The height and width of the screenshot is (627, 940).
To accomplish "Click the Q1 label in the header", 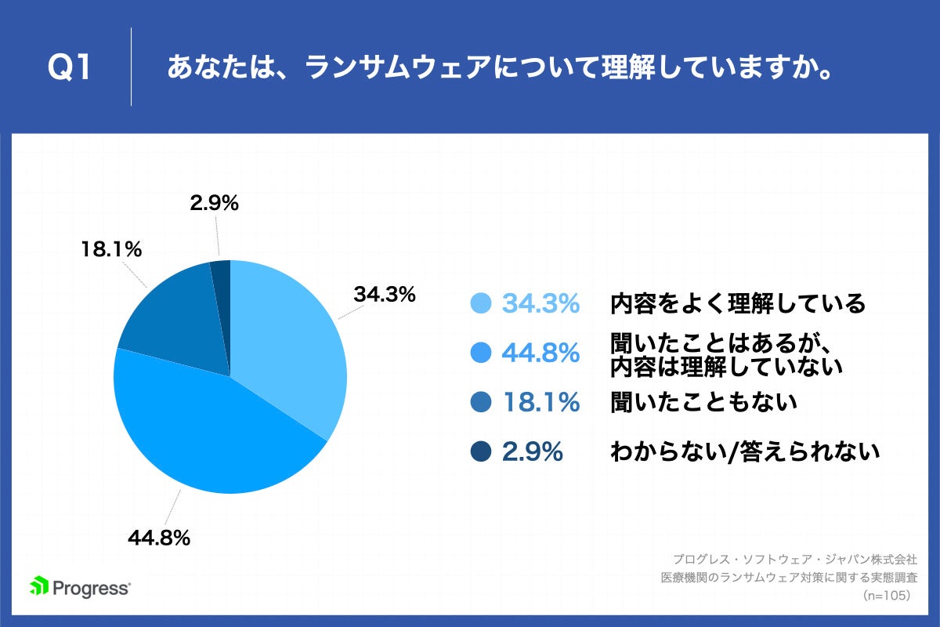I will click(70, 67).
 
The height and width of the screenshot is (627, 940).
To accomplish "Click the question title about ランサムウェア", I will click(498, 67).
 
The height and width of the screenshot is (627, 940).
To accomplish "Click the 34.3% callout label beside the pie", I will click(383, 295).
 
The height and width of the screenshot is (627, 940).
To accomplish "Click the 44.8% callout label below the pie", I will click(159, 538).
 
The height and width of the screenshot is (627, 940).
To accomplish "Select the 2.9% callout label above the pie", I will click(214, 203).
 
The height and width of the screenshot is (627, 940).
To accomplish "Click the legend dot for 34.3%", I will click(481, 303).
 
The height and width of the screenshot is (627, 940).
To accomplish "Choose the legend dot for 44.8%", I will click(481, 353).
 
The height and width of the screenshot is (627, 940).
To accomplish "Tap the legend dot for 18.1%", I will click(481, 403).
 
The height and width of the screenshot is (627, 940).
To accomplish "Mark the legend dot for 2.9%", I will click(481, 451).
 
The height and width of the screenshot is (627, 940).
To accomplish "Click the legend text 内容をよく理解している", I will click(738, 303).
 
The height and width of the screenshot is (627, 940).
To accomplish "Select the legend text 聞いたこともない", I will click(703, 403).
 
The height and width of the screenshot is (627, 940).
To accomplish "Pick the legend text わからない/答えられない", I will click(744, 451).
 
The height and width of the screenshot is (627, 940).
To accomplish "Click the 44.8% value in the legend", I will click(540, 353).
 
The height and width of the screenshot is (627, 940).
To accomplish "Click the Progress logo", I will click(80, 587).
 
